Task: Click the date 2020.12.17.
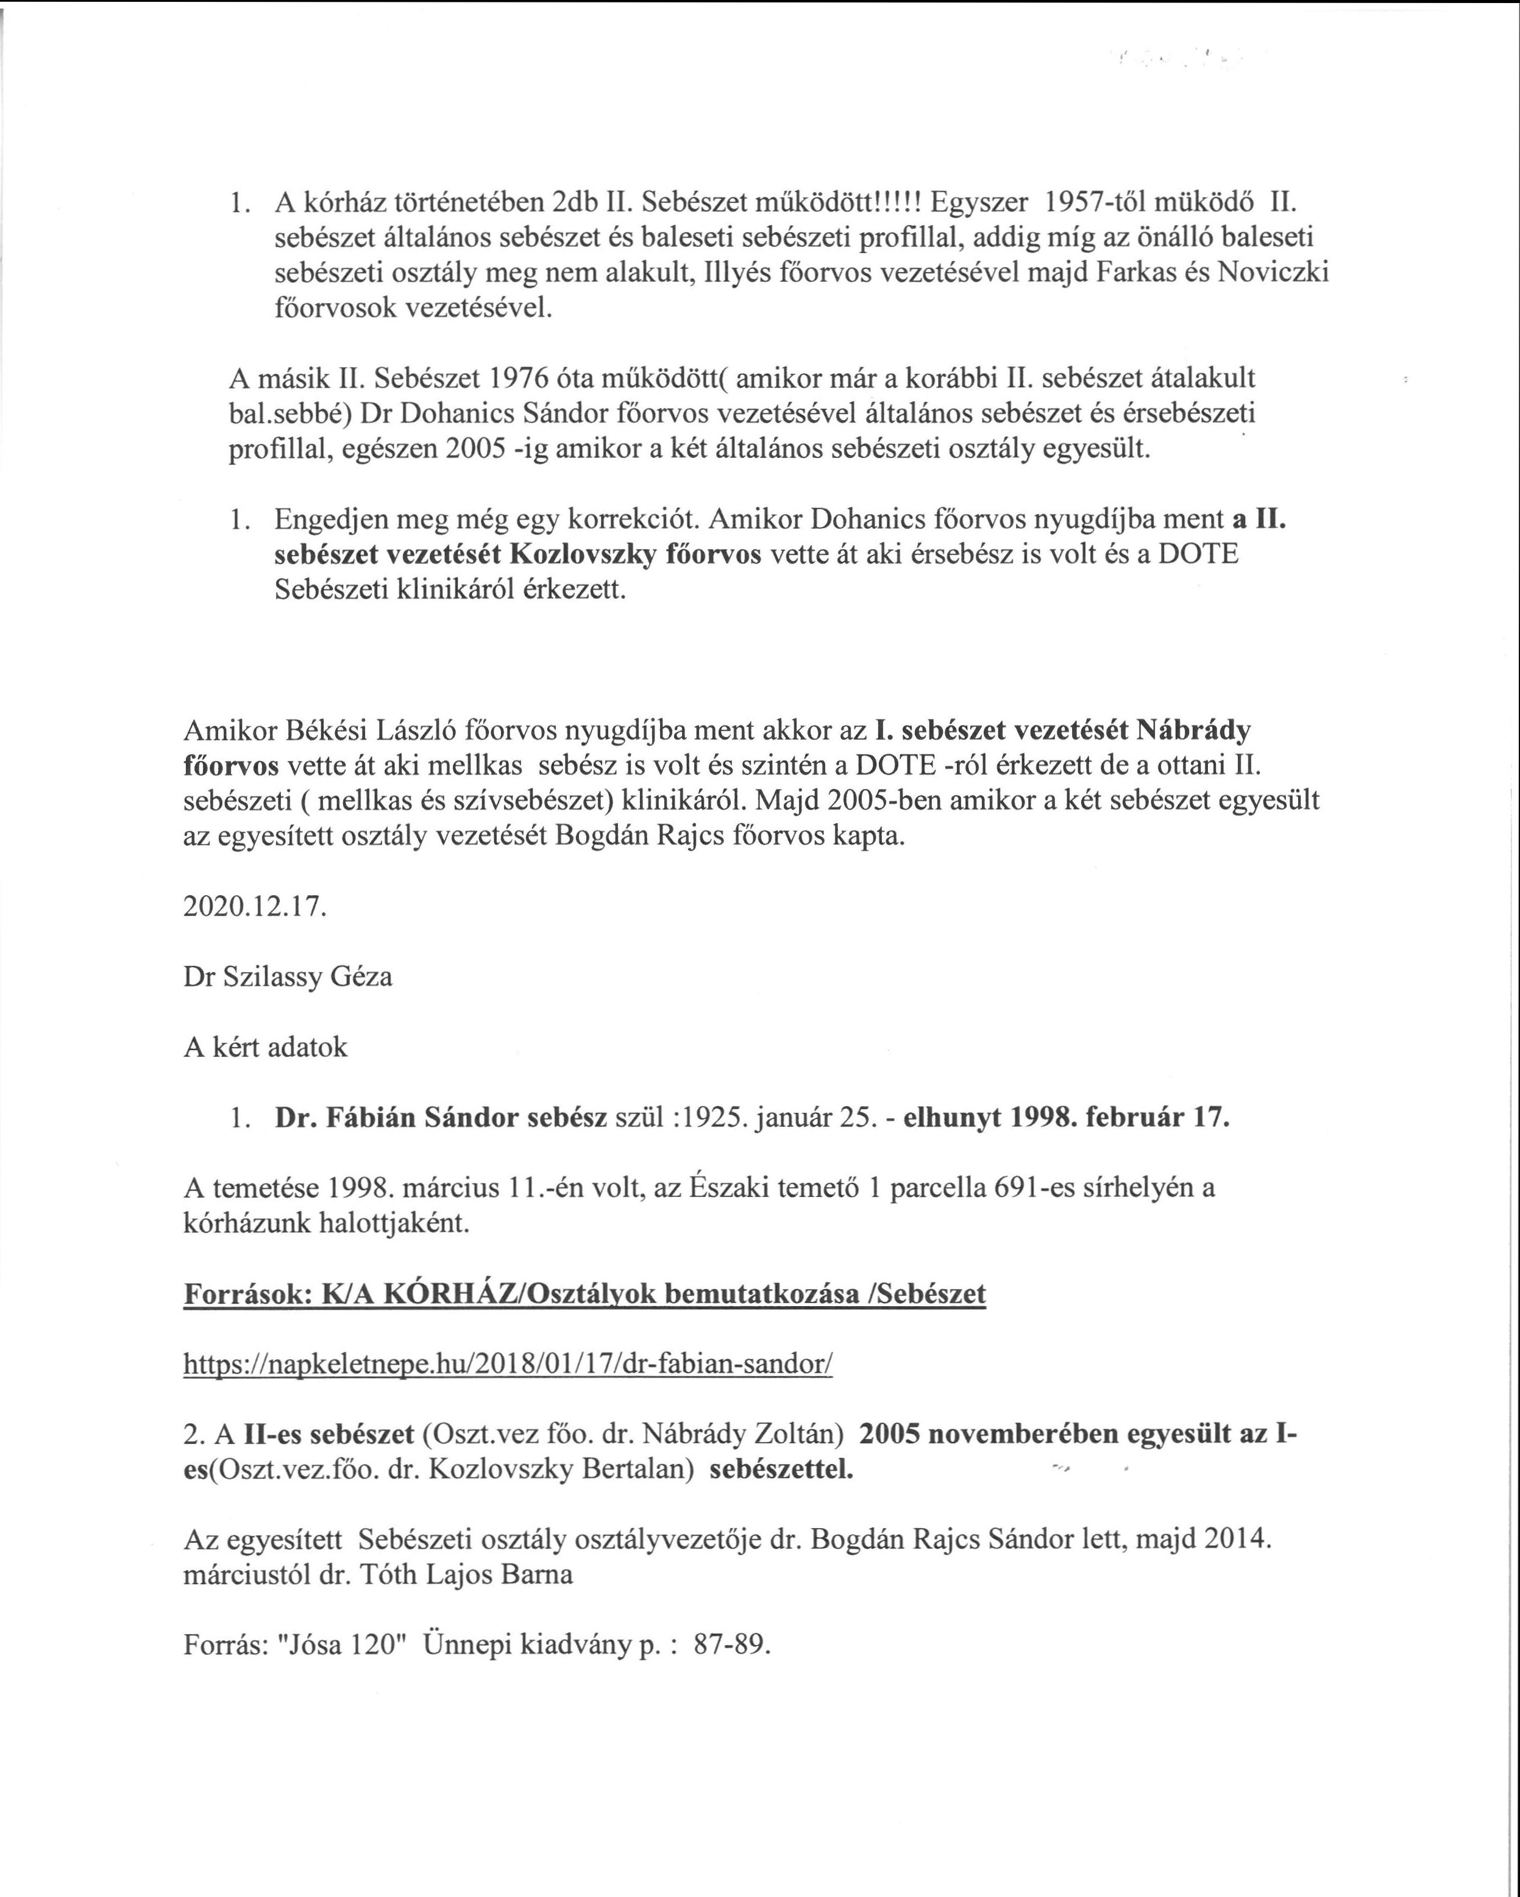tap(254, 907)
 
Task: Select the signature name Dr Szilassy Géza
tap(288, 977)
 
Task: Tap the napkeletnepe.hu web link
tap(508, 1365)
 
